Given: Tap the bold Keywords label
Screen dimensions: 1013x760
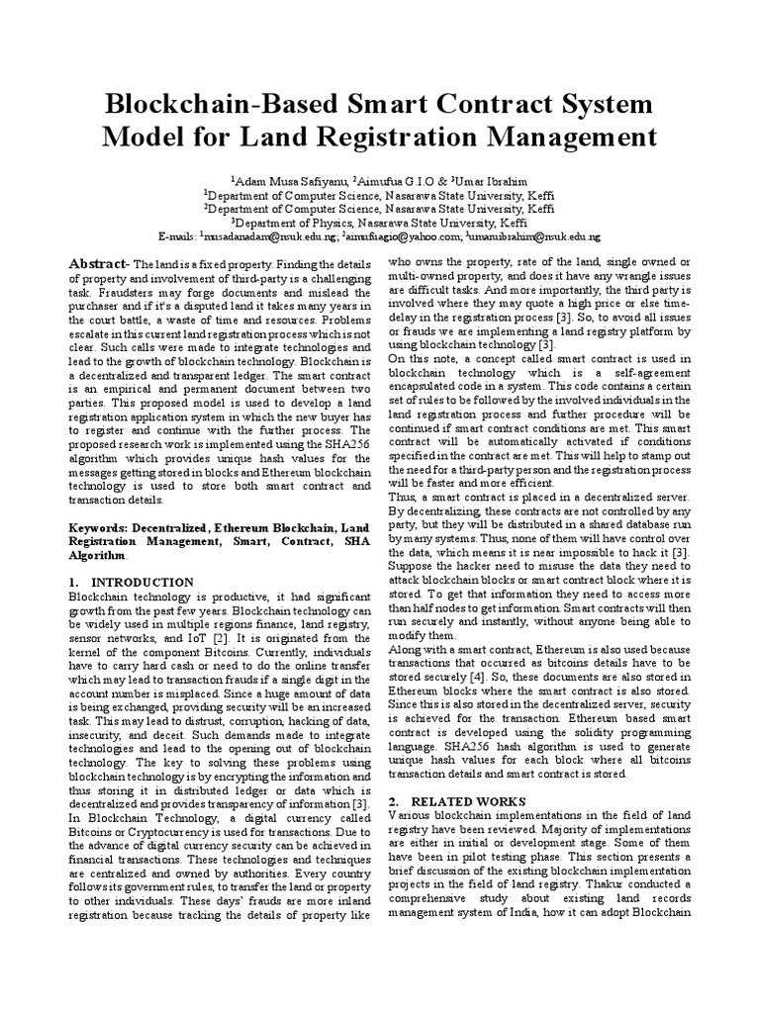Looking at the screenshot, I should [105, 529].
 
